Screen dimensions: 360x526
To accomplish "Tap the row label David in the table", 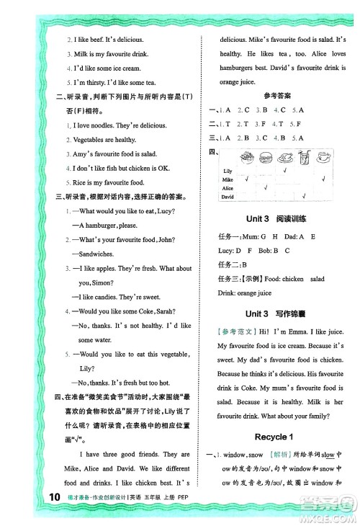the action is click(x=228, y=196).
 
